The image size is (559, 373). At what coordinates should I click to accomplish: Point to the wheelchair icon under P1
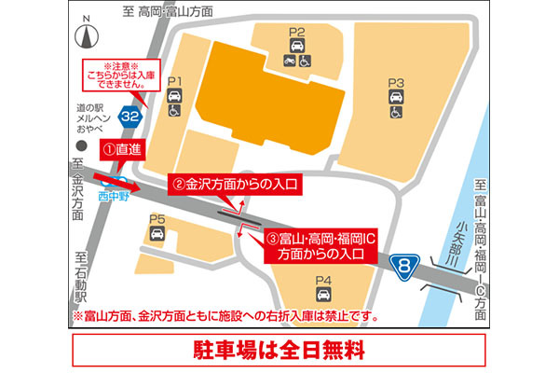[173, 110]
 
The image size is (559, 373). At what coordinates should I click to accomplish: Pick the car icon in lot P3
[396, 97]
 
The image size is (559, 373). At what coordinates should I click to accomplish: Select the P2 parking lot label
[296, 34]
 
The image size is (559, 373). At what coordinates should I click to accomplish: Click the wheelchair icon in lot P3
[396, 113]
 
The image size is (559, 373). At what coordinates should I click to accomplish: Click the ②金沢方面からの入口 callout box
[235, 184]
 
